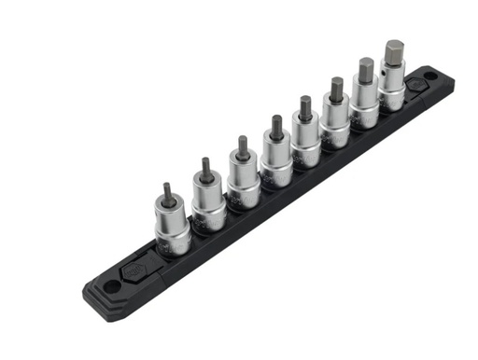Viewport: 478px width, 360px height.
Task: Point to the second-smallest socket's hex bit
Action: [205, 172]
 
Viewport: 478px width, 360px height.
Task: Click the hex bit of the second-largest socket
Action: [365, 71]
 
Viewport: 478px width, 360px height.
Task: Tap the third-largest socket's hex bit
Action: [336, 90]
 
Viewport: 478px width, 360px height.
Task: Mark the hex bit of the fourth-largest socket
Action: [305, 107]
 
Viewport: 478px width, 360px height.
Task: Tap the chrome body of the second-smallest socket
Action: [209, 204]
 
